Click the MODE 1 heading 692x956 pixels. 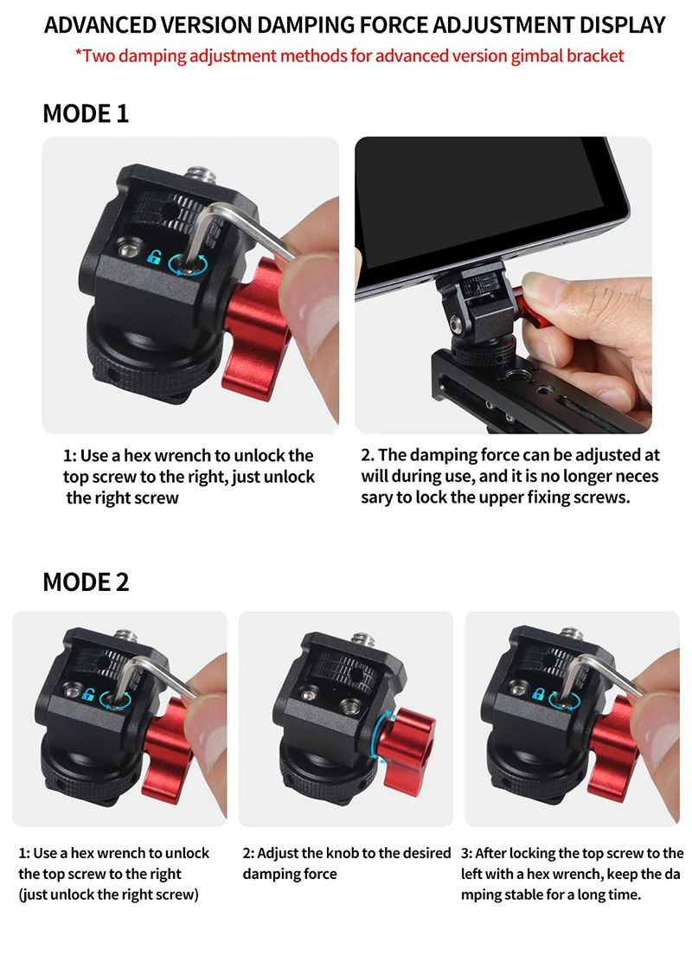point(86,113)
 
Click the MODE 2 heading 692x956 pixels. point(86,582)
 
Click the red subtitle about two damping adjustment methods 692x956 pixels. point(349,56)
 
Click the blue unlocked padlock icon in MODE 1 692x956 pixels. point(154,256)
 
